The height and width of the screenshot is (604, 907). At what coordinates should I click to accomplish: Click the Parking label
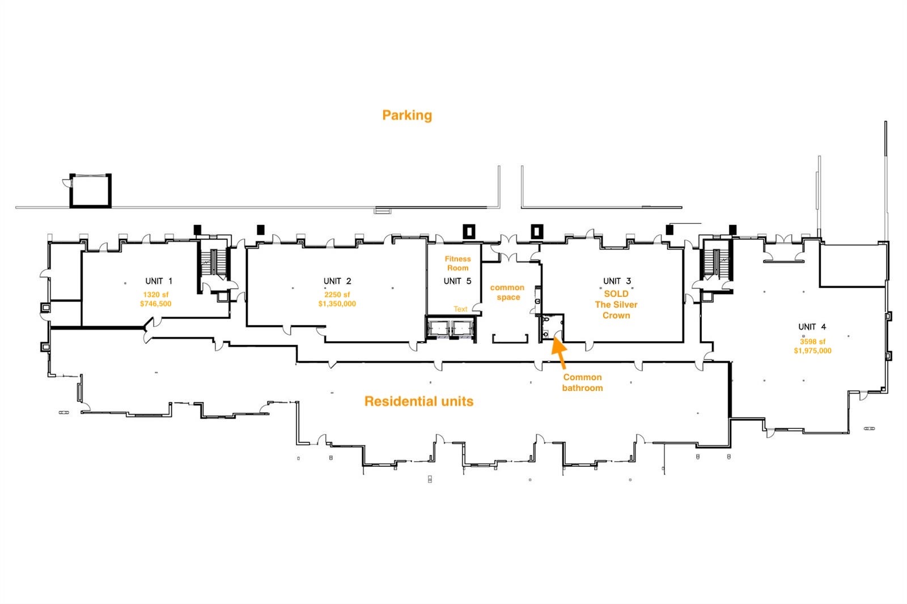point(407,116)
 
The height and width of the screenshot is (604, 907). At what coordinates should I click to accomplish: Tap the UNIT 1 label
point(159,281)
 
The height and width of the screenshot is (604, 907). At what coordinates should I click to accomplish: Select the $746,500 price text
point(156,304)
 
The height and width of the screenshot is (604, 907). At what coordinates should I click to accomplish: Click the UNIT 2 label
point(337,281)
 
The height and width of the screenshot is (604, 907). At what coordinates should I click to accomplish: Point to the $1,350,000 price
point(337,304)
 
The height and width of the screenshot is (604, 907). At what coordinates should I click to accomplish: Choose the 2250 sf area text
point(337,294)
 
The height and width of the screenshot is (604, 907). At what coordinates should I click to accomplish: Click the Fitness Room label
point(457,263)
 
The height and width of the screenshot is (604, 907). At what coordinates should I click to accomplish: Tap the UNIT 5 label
point(457,281)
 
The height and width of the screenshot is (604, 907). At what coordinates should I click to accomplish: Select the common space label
point(507,292)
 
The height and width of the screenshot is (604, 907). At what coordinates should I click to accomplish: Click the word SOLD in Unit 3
point(616,294)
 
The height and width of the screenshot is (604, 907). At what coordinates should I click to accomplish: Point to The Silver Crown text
point(616,310)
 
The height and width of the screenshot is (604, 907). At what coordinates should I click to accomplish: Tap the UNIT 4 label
point(812,327)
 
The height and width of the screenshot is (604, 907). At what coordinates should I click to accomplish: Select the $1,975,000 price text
point(813,351)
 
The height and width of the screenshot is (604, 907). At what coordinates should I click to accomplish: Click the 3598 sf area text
point(812,341)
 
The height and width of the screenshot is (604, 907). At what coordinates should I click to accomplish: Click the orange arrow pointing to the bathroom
point(559,352)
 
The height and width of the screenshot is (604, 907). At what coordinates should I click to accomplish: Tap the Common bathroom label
point(582,382)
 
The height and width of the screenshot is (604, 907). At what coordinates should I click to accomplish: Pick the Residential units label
point(419,401)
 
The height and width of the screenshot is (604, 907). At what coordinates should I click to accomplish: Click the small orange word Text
point(460,309)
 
